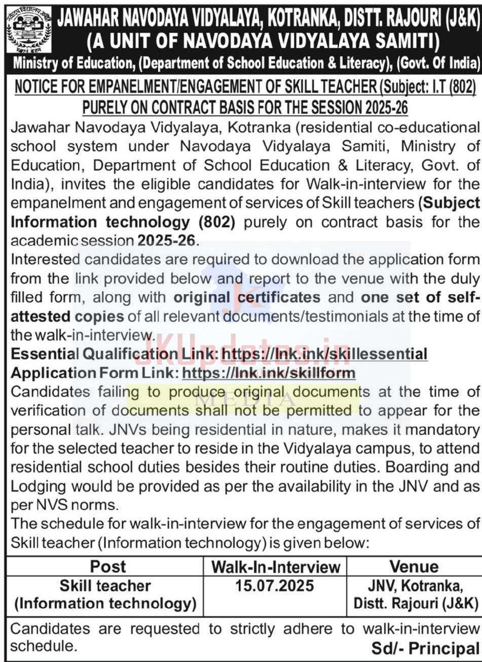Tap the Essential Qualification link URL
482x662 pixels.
325,354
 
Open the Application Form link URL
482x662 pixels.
269,373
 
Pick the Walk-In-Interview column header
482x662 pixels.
275,567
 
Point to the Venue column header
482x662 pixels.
414,567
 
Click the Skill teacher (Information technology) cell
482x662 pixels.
105,595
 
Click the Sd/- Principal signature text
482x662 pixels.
425,648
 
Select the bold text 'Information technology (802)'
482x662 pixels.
109,222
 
